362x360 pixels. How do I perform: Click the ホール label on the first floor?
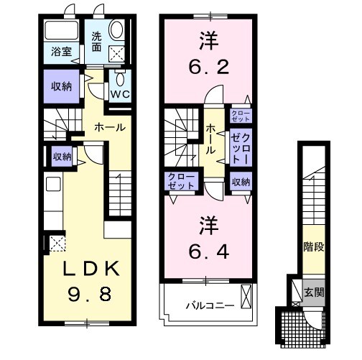coord(111,126)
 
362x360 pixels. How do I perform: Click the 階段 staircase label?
coord(313,247)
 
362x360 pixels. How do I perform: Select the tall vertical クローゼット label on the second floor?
coord(240,149)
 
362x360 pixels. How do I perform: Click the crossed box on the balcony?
coord(247,295)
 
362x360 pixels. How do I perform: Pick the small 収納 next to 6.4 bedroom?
coord(240,183)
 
